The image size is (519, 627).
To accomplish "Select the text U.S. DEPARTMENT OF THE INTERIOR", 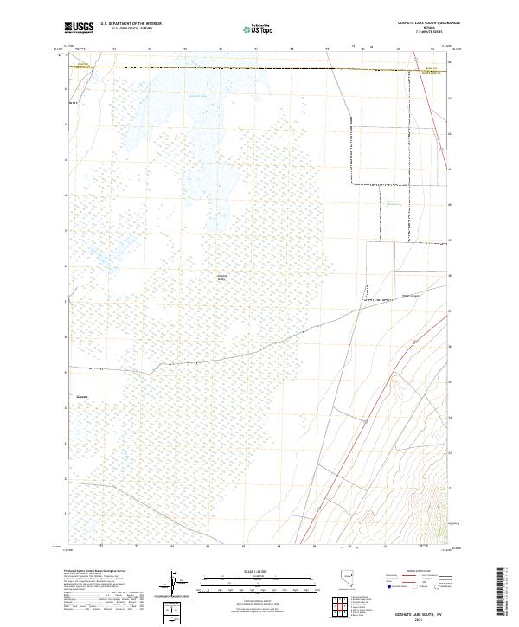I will pos(131,24).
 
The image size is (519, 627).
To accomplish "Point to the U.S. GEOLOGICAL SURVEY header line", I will pos(131,29).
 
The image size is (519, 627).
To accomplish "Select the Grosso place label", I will pos(82,399).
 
